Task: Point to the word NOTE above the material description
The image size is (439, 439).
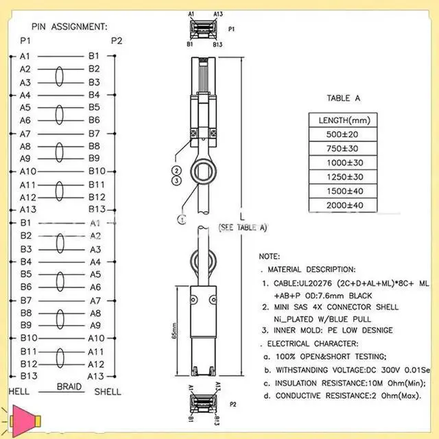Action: (269, 256)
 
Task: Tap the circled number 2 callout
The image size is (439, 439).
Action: (177, 170)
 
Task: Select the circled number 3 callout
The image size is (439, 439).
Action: (177, 180)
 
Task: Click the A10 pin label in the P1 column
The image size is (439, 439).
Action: (28, 171)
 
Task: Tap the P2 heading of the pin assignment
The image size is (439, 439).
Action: (117, 41)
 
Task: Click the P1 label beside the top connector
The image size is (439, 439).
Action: (231, 29)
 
